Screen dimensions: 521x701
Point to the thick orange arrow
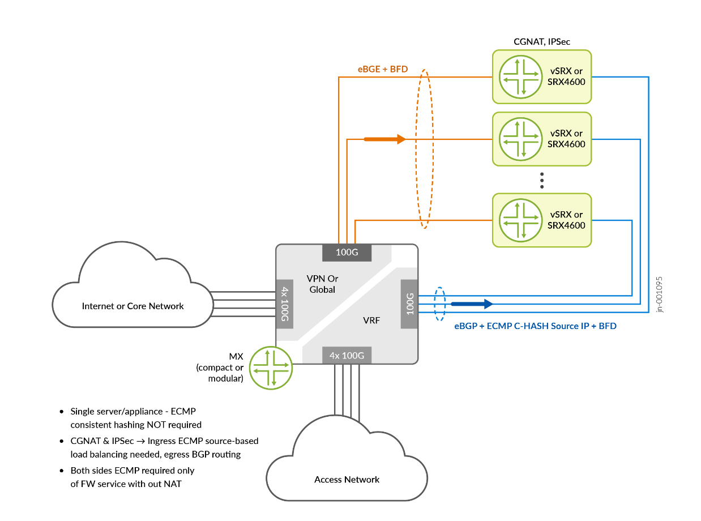coord(385,139)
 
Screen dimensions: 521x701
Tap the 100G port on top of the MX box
coord(347,253)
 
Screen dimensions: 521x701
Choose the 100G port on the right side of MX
coord(409,304)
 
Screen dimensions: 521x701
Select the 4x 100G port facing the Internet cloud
coord(284,304)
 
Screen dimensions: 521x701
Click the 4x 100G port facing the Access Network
coord(347,356)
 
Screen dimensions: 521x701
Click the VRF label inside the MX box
coord(371,320)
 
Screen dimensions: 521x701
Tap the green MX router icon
coord(272,368)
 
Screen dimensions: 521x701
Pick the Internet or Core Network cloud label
coord(132,306)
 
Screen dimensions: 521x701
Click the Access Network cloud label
coord(347,480)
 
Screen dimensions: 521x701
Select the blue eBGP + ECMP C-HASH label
coord(535,327)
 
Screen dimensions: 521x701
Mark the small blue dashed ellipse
coord(439,304)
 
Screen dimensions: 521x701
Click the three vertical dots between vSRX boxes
coord(542,180)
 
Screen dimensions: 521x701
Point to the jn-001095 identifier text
coord(659,294)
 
